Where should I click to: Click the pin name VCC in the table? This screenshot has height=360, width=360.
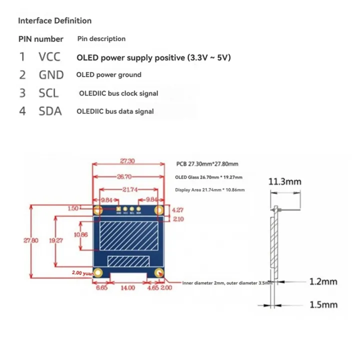[49, 57]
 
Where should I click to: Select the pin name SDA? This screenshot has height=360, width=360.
[50, 111]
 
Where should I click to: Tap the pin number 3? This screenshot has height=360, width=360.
[22, 93]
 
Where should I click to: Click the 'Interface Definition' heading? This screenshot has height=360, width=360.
[54, 21]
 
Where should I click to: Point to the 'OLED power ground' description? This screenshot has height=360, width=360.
[108, 75]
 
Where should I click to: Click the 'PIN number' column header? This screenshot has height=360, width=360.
[40, 39]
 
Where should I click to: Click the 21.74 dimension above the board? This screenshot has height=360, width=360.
[129, 190]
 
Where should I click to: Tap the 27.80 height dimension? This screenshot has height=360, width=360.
[31, 240]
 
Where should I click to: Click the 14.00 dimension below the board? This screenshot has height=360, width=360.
[128, 288]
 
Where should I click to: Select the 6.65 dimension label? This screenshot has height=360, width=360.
[102, 288]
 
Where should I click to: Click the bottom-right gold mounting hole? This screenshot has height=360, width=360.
[159, 272]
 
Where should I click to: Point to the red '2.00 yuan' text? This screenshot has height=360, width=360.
[83, 273]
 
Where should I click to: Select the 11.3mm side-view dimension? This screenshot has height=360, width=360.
[285, 181]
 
